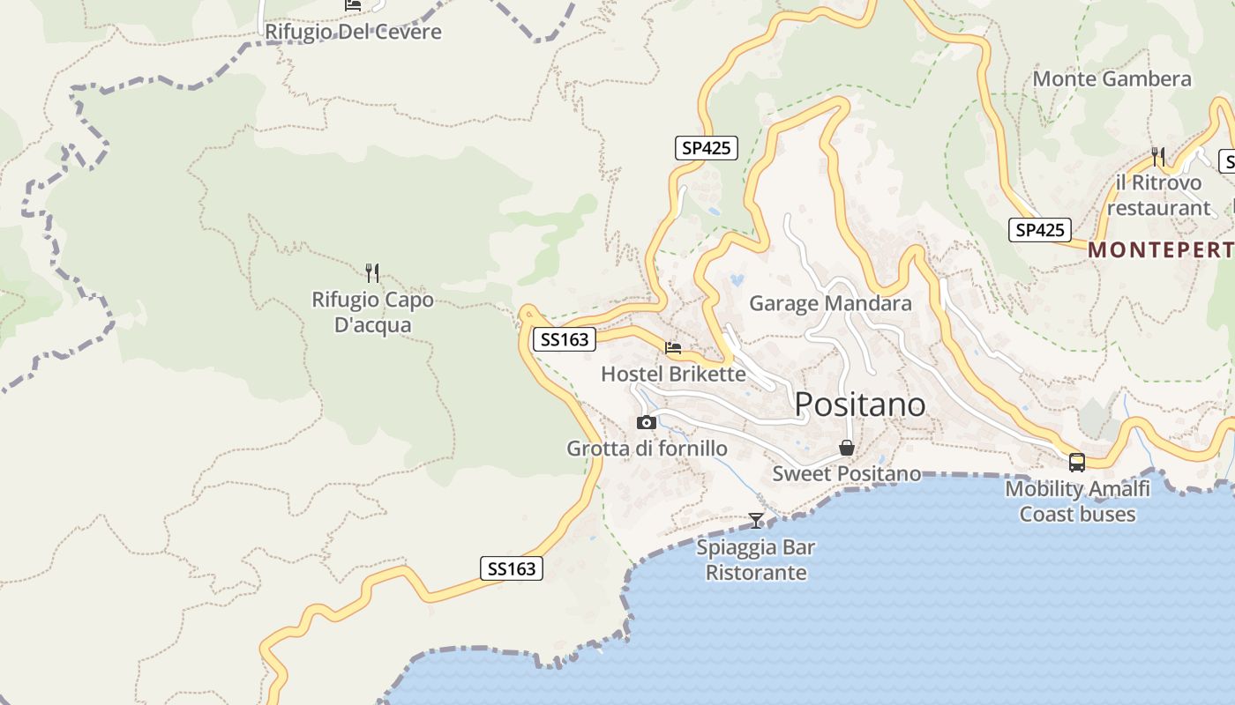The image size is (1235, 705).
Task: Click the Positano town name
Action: tap(860, 404)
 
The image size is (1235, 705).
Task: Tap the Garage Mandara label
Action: tap(830, 304)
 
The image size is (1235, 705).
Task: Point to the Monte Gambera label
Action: tap(1111, 79)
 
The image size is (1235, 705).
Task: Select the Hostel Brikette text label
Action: tap(673, 374)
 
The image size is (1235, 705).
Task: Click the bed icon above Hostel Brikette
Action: tap(673, 348)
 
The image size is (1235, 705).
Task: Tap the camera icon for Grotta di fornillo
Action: tap(647, 423)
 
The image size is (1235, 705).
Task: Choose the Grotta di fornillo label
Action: tap(647, 449)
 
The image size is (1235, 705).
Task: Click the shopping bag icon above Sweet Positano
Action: tap(847, 448)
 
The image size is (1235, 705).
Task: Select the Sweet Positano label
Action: tap(847, 473)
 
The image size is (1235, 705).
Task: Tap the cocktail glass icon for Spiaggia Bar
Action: tap(756, 521)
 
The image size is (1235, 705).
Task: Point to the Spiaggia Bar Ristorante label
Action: tap(756, 560)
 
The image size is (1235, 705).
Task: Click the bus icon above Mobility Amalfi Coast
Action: tap(1077, 463)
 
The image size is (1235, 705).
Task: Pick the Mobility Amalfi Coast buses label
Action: tap(1077, 501)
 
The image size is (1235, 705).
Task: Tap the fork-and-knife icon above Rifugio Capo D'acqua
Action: tap(372, 273)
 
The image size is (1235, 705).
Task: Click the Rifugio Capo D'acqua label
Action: tap(373, 312)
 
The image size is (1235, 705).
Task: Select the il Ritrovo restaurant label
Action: tap(1158, 196)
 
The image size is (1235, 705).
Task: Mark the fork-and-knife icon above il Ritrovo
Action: tap(1158, 157)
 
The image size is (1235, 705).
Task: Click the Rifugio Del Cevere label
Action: tap(353, 32)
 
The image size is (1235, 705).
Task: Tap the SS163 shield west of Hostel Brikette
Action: tap(565, 339)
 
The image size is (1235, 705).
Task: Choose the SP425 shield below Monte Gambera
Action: tap(1040, 230)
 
